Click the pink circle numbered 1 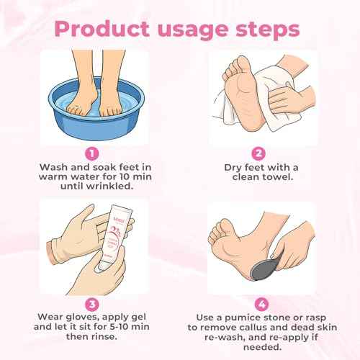pos(91,153)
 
